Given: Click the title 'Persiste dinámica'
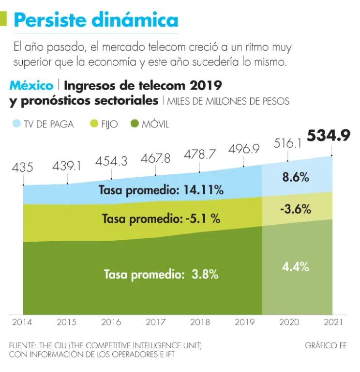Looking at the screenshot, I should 96,20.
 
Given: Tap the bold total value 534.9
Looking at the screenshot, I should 329,136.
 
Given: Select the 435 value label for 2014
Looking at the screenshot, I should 23,168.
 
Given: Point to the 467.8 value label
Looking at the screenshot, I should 155,158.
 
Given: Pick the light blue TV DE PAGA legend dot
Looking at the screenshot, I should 16,124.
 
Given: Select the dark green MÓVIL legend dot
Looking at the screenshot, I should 135,124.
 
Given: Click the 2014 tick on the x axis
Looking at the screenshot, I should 23,322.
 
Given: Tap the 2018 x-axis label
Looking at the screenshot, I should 199,322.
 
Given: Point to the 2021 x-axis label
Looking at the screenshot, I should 332,322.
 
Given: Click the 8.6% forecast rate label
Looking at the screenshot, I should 296,177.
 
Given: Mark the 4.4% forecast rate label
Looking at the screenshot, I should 296,266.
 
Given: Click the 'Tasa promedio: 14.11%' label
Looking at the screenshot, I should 161,190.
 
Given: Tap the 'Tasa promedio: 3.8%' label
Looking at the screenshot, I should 161,274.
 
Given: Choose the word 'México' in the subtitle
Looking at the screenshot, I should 31,86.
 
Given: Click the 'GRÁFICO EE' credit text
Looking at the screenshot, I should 326,346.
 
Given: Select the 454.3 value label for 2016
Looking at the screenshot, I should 111,161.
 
